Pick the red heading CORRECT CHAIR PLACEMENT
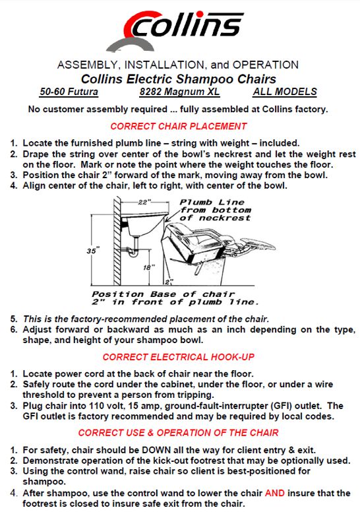tap(178, 126)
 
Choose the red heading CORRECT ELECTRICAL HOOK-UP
tap(178, 357)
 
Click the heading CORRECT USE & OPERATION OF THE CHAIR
tap(178, 433)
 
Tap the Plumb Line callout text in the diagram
tap(212, 210)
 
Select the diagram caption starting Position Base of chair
tap(174, 298)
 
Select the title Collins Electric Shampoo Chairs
tap(178, 79)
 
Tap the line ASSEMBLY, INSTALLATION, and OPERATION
tap(178, 65)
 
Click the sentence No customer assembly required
tap(178, 109)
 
